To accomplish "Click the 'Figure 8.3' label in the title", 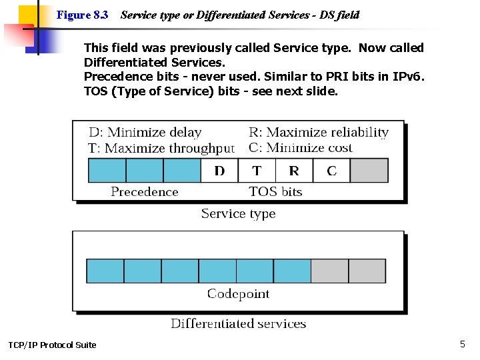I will [x=83, y=15].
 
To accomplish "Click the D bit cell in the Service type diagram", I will [x=219, y=171].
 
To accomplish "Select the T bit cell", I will [x=257, y=171].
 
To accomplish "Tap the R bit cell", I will [x=294, y=171].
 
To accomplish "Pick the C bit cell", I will [x=331, y=171].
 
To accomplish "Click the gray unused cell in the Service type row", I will [x=369, y=171].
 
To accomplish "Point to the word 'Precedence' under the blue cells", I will [x=144, y=192].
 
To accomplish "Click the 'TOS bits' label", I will [x=275, y=192].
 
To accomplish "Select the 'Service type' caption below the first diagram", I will [x=238, y=214].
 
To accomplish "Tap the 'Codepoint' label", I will [x=238, y=294].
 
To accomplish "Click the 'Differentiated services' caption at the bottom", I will [x=238, y=324].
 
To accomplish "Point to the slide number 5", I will [x=462, y=344].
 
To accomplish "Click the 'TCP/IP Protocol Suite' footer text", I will [x=52, y=345].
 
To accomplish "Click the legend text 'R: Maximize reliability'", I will [x=318, y=133].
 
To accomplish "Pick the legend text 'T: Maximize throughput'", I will [x=161, y=148].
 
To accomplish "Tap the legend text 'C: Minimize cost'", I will [x=300, y=148].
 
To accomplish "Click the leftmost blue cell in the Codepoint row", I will [x=105, y=271].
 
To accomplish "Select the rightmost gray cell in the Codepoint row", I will [x=367, y=271].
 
